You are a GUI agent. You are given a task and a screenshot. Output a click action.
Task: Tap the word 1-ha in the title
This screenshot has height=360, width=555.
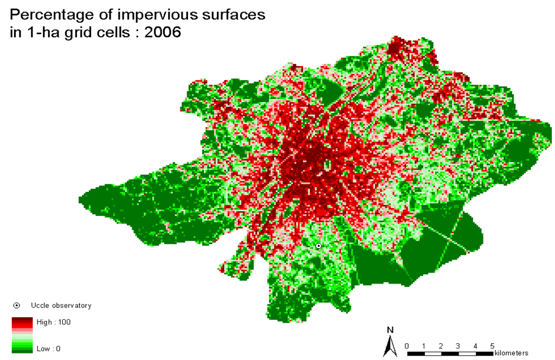pyautogui.click(x=42, y=32)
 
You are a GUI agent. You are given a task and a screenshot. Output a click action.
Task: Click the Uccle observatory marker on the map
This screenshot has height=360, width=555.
pyautogui.click(x=319, y=246)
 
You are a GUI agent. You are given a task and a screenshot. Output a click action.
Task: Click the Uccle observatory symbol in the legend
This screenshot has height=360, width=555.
pyautogui.click(x=17, y=306)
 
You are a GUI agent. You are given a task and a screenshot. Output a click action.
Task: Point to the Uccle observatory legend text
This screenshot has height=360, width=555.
pyautogui.click(x=61, y=306)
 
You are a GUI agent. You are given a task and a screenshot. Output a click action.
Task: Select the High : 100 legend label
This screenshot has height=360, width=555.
pyautogui.click(x=54, y=322)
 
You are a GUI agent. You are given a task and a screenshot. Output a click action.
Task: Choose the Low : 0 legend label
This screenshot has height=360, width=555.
pyautogui.click(x=48, y=349)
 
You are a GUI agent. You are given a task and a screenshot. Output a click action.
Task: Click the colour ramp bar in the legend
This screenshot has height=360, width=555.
pyautogui.click(x=22, y=335)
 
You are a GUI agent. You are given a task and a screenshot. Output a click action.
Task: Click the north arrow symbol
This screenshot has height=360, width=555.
pyautogui.click(x=389, y=346)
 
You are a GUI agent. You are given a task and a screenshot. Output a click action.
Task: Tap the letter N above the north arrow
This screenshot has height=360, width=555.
pyautogui.click(x=390, y=330)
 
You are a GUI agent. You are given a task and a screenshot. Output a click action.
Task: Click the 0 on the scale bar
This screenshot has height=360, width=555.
pyautogui.click(x=406, y=346)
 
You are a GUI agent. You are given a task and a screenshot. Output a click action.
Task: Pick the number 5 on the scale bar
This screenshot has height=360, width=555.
pyautogui.click(x=492, y=346)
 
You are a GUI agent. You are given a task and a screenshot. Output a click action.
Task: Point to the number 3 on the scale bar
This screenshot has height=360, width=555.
pyautogui.click(x=458, y=346)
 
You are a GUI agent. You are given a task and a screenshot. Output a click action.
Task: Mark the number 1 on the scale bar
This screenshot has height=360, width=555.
pyautogui.click(x=424, y=346)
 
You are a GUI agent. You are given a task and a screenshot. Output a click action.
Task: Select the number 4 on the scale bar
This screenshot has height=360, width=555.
pyautogui.click(x=475, y=346)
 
